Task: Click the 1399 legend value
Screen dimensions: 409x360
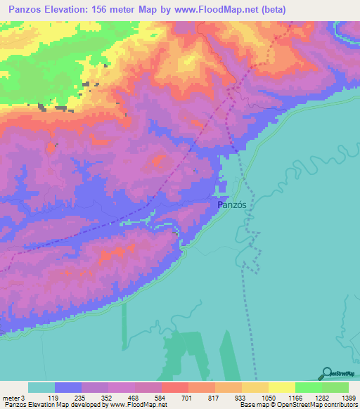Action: [x=349, y=398]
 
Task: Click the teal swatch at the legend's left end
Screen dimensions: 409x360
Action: [x=41, y=387]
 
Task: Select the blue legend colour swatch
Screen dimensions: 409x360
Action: [x=67, y=387]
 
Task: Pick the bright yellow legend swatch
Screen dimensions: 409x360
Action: [x=282, y=387]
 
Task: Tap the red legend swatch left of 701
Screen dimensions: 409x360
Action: [x=174, y=387]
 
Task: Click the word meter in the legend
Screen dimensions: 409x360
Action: [x=10, y=398]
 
